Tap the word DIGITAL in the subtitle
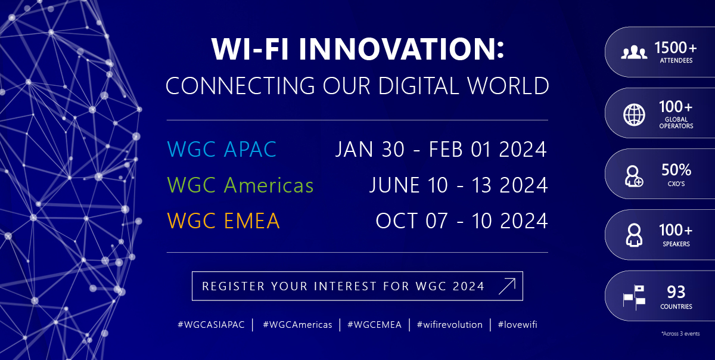click(419, 86)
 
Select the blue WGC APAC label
click(222, 149)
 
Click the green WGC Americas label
click(240, 185)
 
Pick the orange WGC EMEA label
click(223, 221)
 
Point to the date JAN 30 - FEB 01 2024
click(441, 149)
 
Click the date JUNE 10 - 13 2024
click(459, 185)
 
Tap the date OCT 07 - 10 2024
click(462, 221)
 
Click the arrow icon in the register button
click(507, 286)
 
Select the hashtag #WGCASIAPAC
click(211, 325)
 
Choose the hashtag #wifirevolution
click(449, 325)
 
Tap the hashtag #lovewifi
click(517, 325)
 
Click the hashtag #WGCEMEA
click(374, 325)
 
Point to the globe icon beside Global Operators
click(634, 114)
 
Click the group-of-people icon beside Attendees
click(634, 52)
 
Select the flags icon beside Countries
click(634, 297)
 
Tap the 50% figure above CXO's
click(676, 170)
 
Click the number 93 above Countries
click(676, 292)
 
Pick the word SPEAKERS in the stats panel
click(676, 244)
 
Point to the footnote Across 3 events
click(680, 334)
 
